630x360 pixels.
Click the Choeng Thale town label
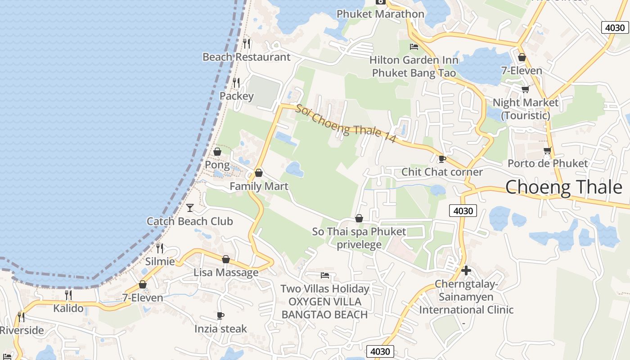563,187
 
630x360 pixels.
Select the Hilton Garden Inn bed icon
414,47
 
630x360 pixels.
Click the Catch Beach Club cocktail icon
190,207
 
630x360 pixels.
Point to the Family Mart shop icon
259,173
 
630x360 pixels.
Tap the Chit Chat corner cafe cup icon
442,159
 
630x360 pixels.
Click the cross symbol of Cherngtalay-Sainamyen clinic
466,270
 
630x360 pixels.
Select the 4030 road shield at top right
615,27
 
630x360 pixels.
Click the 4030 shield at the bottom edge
380,351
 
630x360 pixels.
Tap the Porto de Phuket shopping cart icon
547,150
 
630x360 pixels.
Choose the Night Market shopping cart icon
525,89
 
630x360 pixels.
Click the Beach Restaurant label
246,57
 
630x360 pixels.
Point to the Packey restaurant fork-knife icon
236,83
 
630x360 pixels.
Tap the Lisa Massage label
226,272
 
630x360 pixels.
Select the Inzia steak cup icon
220,316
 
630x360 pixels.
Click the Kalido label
68,308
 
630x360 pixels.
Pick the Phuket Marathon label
380,14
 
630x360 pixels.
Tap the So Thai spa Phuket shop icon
359,219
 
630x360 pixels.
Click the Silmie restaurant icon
159,248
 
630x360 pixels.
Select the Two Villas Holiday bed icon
325,275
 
